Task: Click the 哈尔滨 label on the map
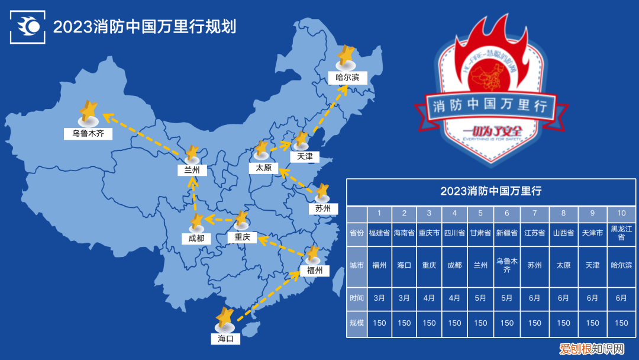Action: pos(347,78)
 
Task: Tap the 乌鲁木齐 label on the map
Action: pos(88,133)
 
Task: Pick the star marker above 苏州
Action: pos(321,193)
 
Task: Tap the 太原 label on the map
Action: pos(264,168)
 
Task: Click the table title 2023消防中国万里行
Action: pos(491,191)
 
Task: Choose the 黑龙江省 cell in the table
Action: pos(621,233)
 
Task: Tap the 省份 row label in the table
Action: pos(357,233)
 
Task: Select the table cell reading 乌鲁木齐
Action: pos(507,265)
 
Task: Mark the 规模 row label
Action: pos(357,323)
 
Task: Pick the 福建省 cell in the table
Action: pos(379,233)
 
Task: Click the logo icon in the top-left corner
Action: pos(28,27)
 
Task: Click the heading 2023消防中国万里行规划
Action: pos(144,27)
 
